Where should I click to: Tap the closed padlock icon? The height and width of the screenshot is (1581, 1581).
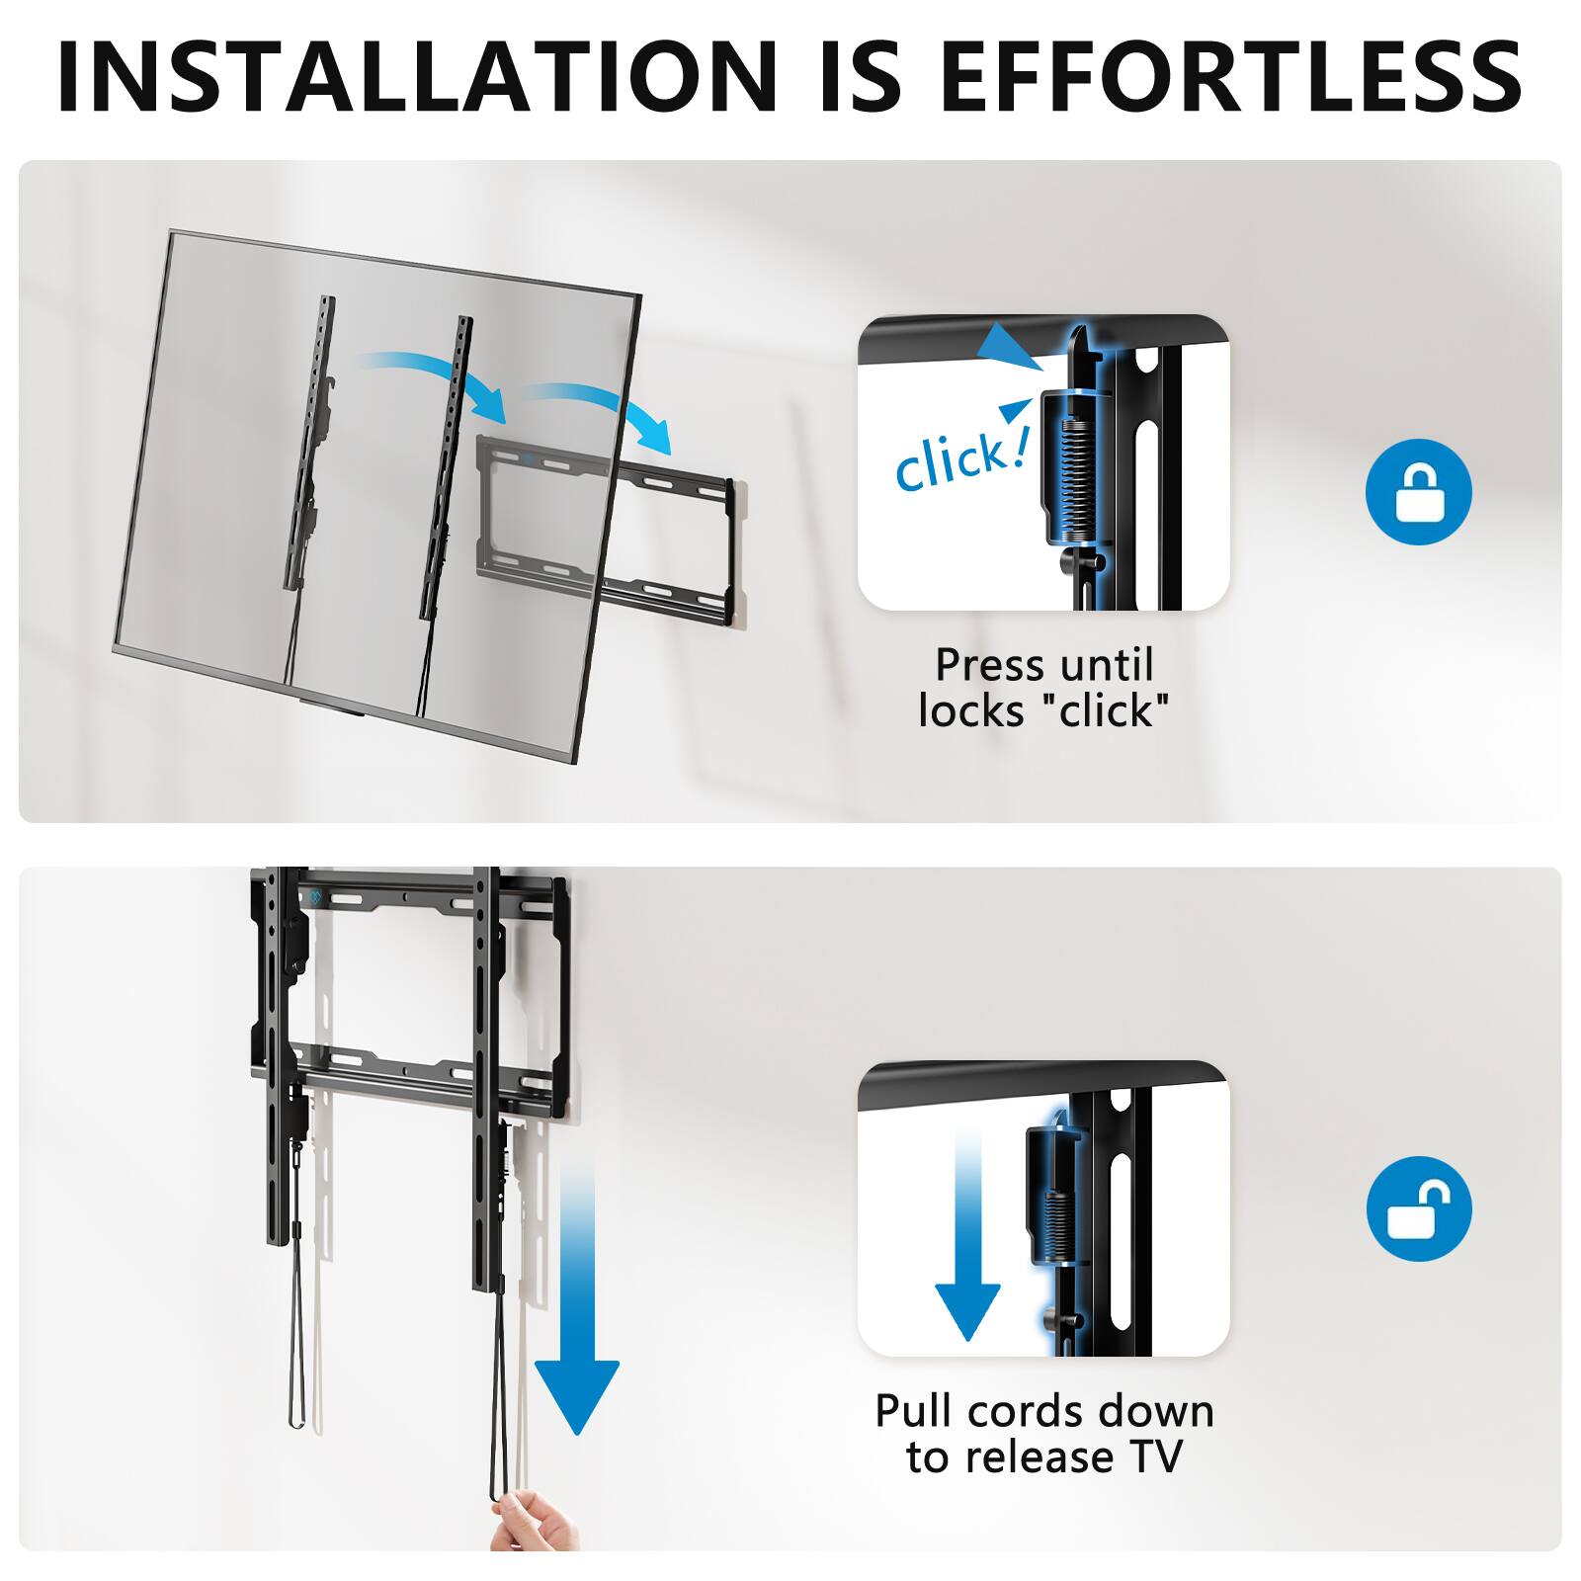pyautogui.click(x=1418, y=492)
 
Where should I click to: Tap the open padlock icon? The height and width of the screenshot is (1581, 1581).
pyautogui.click(x=1418, y=1208)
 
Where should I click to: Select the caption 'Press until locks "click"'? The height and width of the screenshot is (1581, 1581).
pyautogui.click(x=1043, y=688)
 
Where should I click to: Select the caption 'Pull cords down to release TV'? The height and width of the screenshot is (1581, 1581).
pyautogui.click(x=1043, y=1434)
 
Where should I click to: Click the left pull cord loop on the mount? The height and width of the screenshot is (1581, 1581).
pyautogui.click(x=296, y=1354)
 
